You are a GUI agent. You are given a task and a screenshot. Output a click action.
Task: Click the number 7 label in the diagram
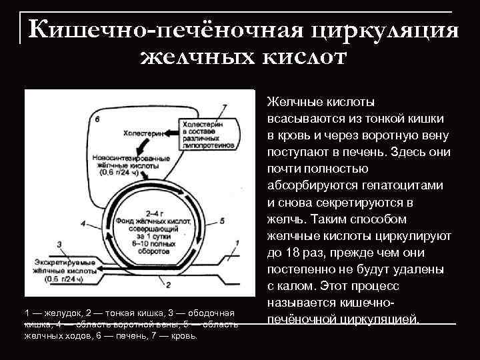coord(224,107)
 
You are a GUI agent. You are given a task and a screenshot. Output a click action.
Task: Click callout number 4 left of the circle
coord(83,223)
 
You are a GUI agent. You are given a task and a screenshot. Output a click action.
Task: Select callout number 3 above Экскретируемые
coord(59,245)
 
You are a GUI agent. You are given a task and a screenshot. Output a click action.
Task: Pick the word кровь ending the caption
coord(182,336)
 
